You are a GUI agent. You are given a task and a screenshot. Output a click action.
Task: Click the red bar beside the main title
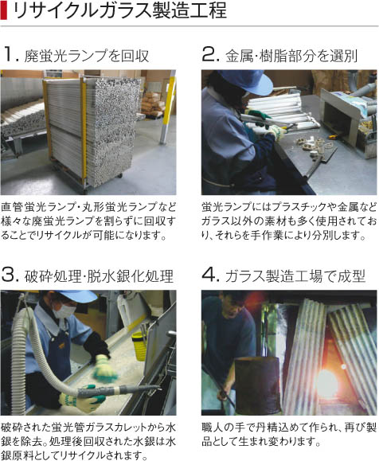click(3, 12)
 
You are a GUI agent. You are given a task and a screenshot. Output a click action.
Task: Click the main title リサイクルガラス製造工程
click(119, 11)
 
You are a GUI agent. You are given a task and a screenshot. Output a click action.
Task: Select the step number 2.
click(210, 54)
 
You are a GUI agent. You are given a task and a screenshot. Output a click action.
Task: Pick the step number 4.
click(210, 275)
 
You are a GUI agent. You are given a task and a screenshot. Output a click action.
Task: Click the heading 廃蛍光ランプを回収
click(87, 56)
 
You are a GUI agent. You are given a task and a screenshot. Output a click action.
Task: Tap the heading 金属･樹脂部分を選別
click(291, 56)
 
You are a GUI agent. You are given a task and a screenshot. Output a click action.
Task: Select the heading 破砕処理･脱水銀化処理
click(99, 275)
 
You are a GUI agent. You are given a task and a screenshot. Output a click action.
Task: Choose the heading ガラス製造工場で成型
click(295, 275)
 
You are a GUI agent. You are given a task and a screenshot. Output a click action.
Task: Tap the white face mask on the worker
click(64, 311)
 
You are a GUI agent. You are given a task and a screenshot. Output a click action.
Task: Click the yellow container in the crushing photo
click(139, 346)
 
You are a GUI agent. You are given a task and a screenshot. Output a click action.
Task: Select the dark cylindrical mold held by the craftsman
click(258, 385)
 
